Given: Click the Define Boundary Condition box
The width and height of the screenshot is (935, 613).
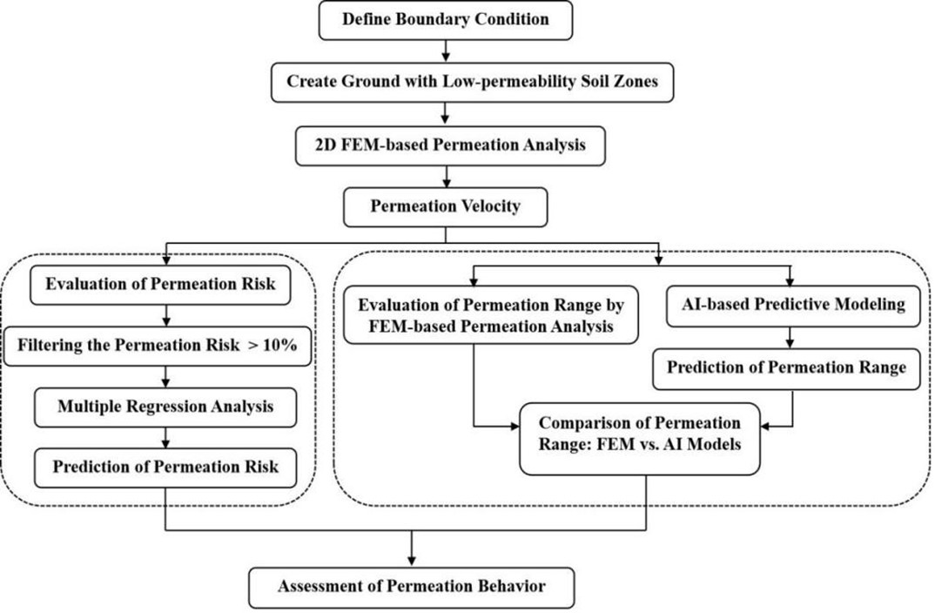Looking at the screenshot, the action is click(446, 20).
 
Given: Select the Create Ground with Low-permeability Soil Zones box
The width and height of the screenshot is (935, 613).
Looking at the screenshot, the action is click(472, 83).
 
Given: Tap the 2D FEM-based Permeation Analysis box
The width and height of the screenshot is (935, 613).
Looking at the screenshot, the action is click(450, 145).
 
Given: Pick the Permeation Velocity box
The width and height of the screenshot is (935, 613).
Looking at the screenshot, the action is click(446, 207).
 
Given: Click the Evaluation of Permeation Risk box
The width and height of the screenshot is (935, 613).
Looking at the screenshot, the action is click(160, 285).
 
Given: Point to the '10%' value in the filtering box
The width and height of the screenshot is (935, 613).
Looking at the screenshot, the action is click(280, 346).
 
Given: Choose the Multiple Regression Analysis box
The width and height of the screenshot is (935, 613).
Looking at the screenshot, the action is click(165, 408).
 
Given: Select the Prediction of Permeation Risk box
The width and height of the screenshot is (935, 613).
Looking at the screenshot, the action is click(165, 468).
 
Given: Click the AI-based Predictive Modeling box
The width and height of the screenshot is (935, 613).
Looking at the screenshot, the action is click(793, 306).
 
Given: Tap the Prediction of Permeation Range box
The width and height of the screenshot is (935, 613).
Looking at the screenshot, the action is click(786, 369).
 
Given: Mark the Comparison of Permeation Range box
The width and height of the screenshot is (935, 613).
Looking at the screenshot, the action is click(640, 439).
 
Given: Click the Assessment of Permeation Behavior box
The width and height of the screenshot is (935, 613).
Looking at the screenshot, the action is click(412, 588).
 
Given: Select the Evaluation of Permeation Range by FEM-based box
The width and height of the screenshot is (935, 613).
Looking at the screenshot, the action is click(491, 315).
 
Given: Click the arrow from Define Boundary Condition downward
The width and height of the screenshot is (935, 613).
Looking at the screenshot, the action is click(446, 51).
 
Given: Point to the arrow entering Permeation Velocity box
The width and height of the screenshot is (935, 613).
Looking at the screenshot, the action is click(446, 177).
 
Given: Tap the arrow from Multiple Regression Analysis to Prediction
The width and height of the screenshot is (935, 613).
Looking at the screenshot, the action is click(165, 438).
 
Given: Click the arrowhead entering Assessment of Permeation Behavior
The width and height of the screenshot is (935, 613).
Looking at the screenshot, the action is click(412, 562).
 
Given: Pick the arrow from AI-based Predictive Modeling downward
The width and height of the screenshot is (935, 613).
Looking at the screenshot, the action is click(790, 338).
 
